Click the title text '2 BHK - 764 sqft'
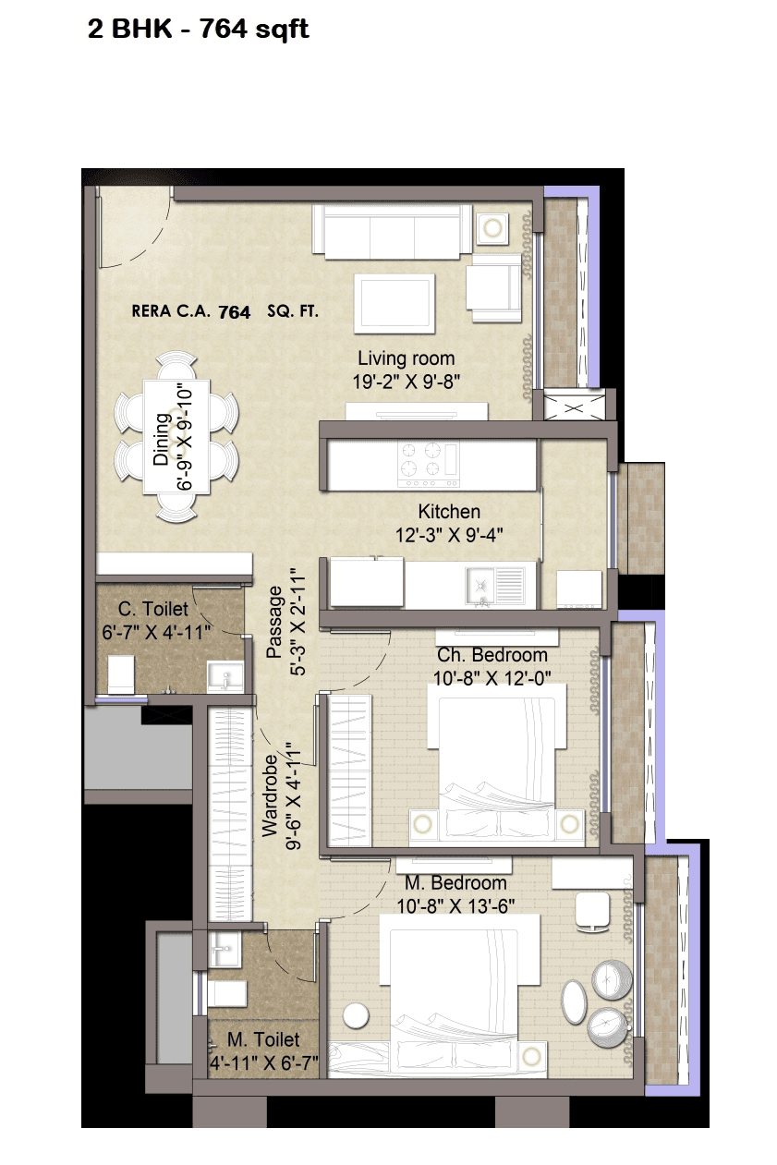pos(198,30)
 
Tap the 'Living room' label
pos(407,358)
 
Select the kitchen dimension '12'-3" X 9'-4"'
pos(450,533)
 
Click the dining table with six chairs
pos(176,436)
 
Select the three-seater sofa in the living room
pos(392,230)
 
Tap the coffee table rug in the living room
pos(395,303)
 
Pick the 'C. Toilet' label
pos(153,609)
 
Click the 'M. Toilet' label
pos(263,1040)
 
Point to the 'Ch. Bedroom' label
pos(492,655)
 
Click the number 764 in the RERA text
pos(234,312)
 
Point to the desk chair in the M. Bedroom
pos(590,910)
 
